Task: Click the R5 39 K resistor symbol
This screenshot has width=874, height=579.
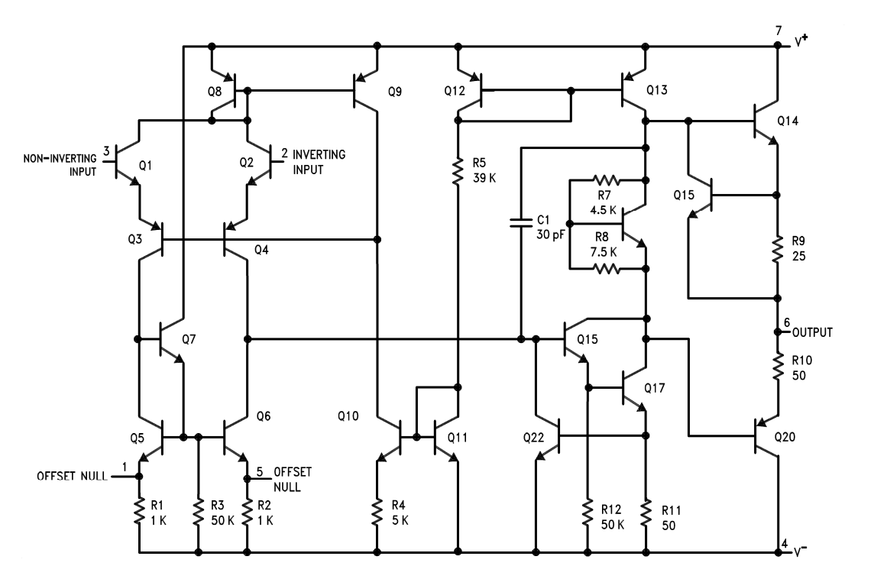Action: pyautogui.click(x=458, y=171)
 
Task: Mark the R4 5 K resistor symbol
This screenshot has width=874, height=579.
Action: pyautogui.click(x=377, y=513)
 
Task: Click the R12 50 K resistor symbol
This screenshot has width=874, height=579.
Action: pyautogui.click(x=588, y=513)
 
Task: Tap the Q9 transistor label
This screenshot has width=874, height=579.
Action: pyautogui.click(x=394, y=92)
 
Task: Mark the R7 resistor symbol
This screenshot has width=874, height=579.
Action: pyautogui.click(x=605, y=181)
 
